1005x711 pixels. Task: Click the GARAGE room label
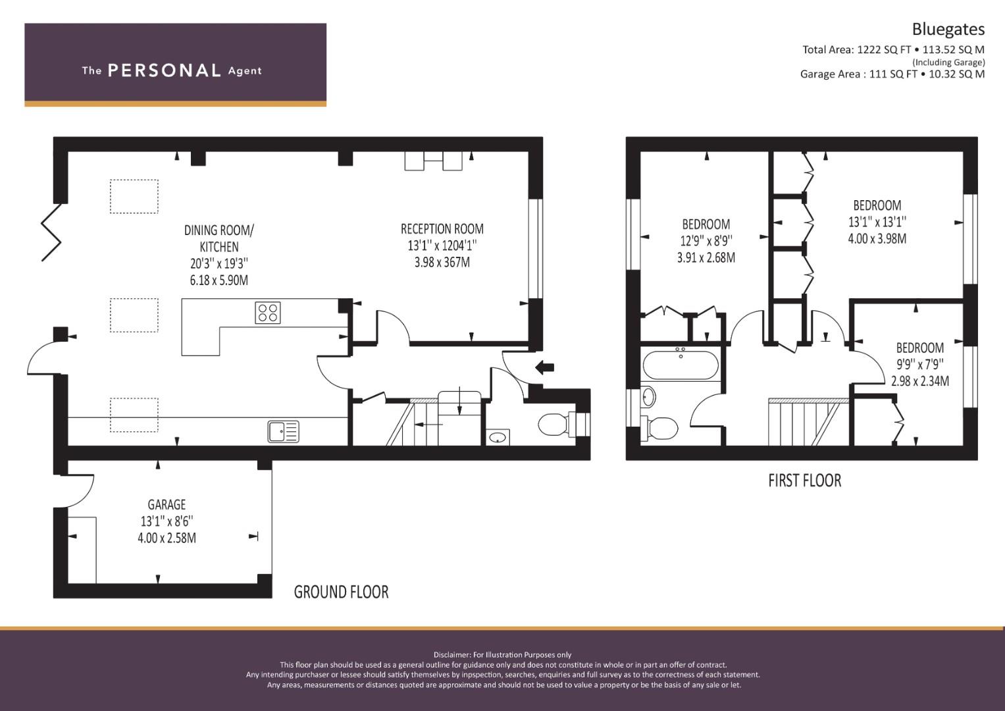click(x=167, y=504)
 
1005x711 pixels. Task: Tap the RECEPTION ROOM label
click(x=442, y=229)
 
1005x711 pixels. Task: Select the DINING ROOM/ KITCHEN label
click(x=219, y=238)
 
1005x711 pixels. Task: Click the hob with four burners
click(x=268, y=313)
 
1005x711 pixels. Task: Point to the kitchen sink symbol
click(x=283, y=432)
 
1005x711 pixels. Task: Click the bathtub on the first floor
click(x=681, y=365)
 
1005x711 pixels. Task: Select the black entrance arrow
click(x=545, y=367)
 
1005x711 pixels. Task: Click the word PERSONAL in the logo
click(x=165, y=70)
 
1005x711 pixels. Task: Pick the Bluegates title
click(x=948, y=29)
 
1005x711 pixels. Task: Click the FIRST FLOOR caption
click(x=804, y=481)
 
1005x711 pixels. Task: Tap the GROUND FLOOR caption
click(x=341, y=592)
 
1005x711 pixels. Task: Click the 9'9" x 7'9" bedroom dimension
click(x=919, y=364)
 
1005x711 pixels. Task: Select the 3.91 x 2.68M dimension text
click(x=706, y=257)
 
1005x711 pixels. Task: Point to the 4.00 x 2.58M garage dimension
click(x=167, y=538)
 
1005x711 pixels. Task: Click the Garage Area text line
click(x=892, y=74)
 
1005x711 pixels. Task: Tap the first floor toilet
click(x=659, y=428)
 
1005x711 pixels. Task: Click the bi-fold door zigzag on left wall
click(x=51, y=232)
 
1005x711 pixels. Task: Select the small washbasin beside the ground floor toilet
click(x=498, y=437)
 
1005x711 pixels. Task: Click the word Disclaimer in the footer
click(x=451, y=655)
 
